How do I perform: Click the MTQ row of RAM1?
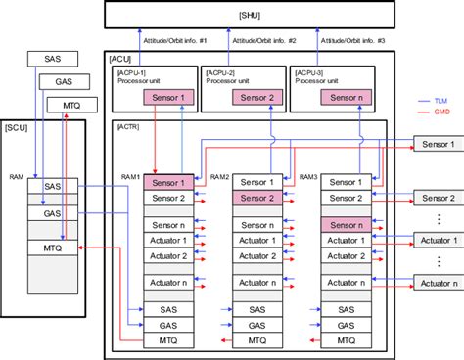(168, 340)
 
